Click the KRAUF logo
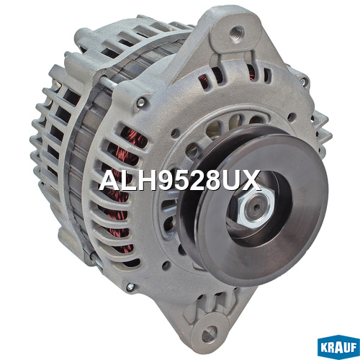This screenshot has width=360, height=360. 338,347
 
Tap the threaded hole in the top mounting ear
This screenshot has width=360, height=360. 235,33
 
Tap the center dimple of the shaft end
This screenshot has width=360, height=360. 257,207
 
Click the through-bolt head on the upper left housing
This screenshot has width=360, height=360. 141,102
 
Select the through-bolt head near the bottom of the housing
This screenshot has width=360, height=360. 130,286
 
